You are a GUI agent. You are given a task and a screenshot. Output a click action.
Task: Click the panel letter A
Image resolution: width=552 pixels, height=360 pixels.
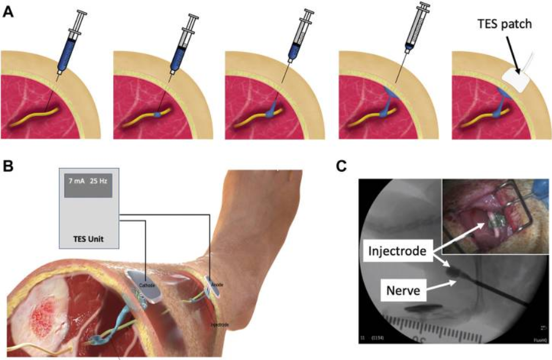pos(8,12)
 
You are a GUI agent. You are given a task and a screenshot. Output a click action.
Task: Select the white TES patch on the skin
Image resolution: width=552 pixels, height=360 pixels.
pos(515,79)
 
